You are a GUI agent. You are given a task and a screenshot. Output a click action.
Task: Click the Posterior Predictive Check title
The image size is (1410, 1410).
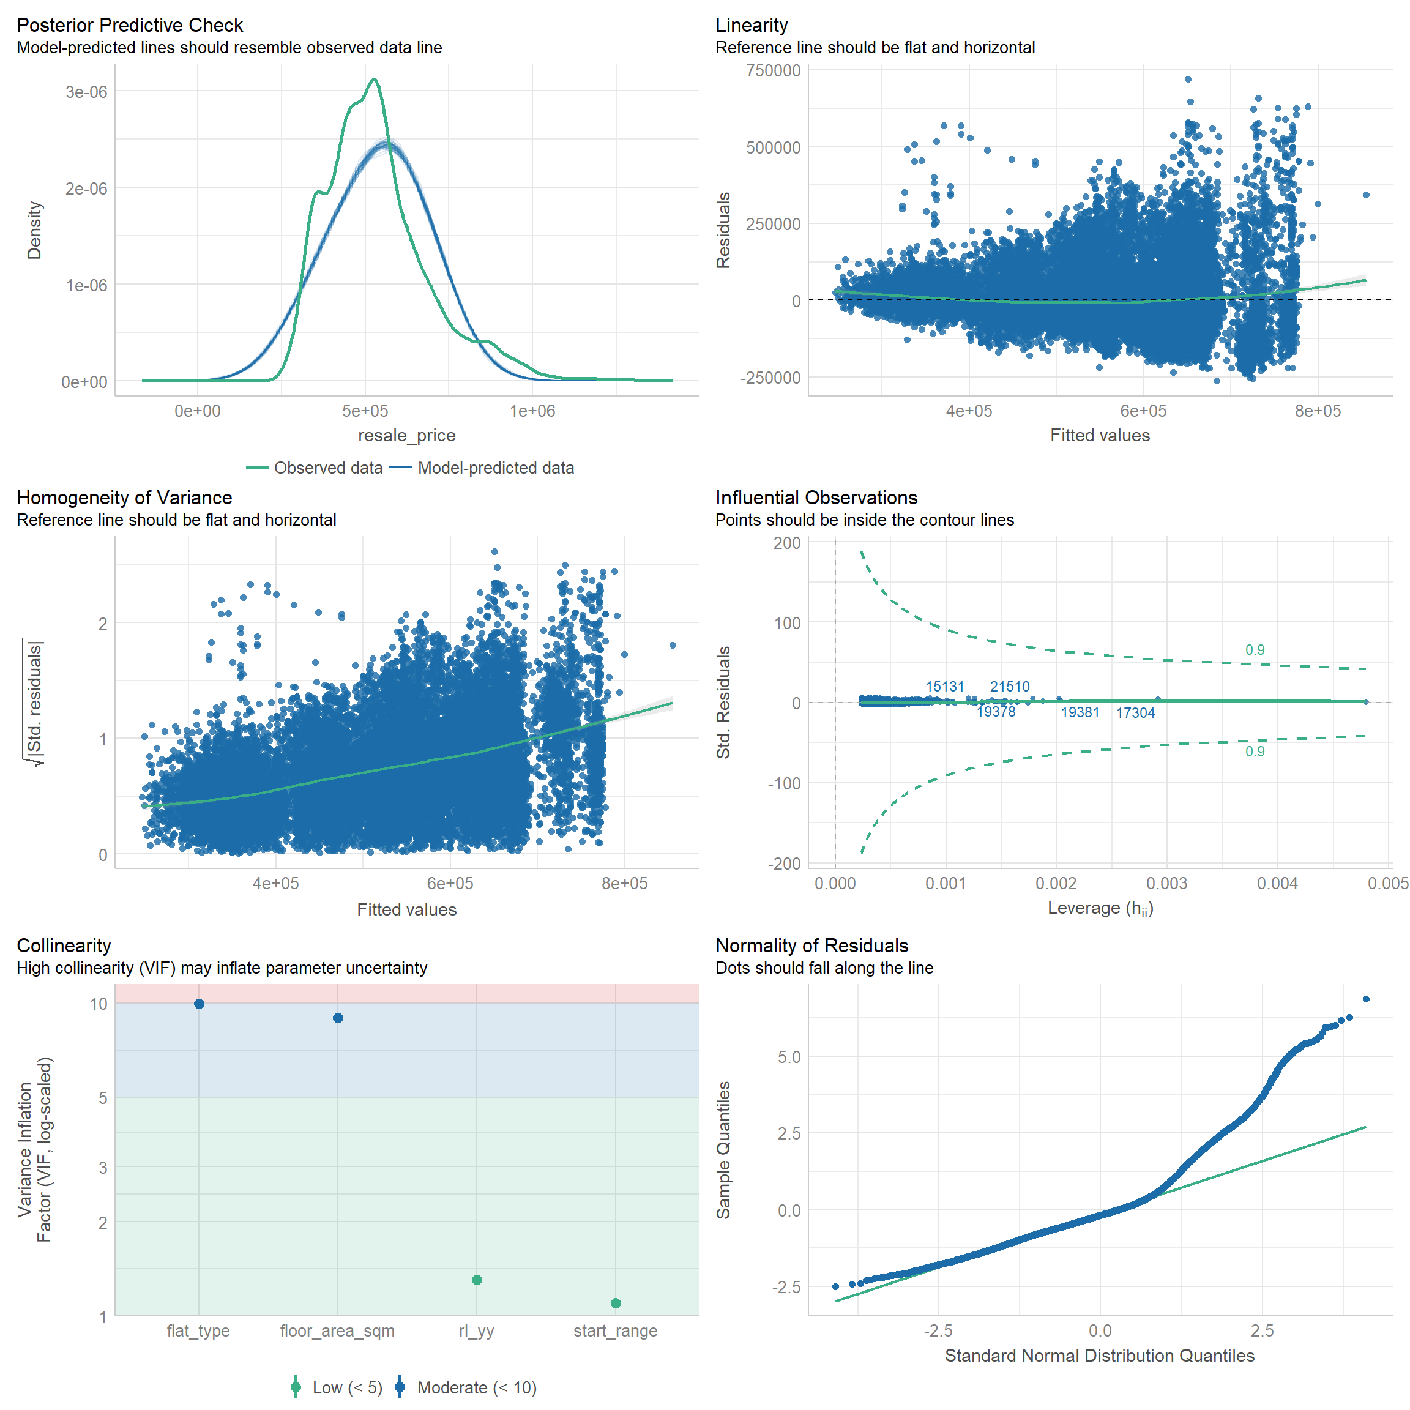(x=130, y=26)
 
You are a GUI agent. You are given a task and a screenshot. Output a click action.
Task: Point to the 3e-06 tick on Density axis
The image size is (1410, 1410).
(x=86, y=92)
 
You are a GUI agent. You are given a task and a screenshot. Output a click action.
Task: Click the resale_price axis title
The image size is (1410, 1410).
(x=406, y=436)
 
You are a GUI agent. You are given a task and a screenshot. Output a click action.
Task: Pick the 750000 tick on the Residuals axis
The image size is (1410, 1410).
(x=773, y=71)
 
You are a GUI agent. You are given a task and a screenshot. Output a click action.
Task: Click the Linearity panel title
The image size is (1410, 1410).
(x=752, y=26)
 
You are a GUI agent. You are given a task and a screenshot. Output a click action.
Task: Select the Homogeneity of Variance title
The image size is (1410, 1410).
(x=124, y=498)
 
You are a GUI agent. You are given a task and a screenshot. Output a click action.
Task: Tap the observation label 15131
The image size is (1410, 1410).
(x=945, y=687)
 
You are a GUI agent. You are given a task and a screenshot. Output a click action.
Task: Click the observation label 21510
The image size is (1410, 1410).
(x=1009, y=687)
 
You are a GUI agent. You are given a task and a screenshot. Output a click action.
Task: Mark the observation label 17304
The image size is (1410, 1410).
(x=1136, y=713)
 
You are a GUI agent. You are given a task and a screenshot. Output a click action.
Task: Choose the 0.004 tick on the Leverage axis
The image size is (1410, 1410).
(x=1277, y=884)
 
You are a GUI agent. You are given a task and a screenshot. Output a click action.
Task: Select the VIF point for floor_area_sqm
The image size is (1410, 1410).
(x=338, y=1018)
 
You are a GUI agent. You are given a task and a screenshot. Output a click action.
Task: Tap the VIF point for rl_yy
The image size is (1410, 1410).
(x=477, y=1280)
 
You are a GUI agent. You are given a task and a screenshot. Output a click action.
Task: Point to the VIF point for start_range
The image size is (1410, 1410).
(x=616, y=1304)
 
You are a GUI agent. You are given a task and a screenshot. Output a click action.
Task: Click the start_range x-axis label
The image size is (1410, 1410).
(x=615, y=1331)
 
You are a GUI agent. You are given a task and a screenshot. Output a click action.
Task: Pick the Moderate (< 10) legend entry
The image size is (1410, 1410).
(x=477, y=1387)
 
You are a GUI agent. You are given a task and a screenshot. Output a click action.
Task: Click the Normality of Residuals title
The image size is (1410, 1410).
(x=811, y=946)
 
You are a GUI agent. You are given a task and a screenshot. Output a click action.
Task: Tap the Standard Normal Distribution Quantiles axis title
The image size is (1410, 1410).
(x=1100, y=1356)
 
